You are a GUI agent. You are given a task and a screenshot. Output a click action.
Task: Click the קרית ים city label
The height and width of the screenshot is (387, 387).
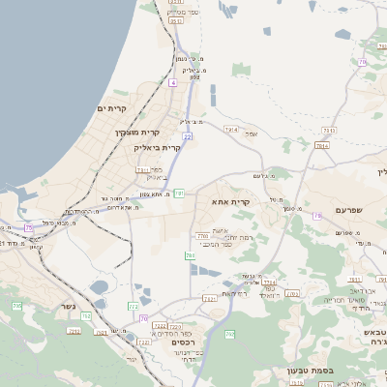pyautogui.click(x=112, y=108)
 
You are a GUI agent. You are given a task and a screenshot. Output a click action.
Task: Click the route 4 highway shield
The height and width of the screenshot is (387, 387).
pyautogui.click(x=173, y=83)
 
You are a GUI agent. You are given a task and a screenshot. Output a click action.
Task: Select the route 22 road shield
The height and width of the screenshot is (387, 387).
pyautogui.click(x=188, y=136)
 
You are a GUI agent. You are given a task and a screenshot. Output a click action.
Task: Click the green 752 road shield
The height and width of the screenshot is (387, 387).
pyautogui.click(x=86, y=315)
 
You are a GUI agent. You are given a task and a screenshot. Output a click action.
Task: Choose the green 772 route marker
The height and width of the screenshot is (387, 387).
pyautogui.click(x=134, y=307)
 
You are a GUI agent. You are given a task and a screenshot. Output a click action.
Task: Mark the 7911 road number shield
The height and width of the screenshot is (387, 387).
pyautogui.click(x=329, y=130)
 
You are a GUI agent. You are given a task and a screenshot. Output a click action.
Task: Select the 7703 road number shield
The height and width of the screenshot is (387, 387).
pyautogui.click(x=202, y=235)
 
